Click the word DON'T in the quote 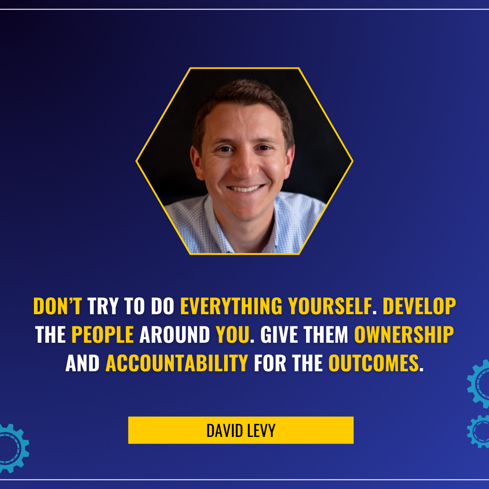click(x=58, y=306)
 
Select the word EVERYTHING click(x=231, y=306)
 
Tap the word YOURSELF click(x=330, y=306)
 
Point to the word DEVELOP click(x=419, y=306)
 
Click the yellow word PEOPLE click(x=103, y=335)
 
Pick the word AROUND click(x=175, y=335)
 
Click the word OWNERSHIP click(x=404, y=335)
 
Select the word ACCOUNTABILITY click(x=177, y=363)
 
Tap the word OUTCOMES click(x=374, y=363)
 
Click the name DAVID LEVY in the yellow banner click(x=241, y=431)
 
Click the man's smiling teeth click(x=245, y=189)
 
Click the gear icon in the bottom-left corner click(x=11, y=448)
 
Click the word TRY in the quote click(x=103, y=306)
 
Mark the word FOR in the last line click(x=270, y=363)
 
